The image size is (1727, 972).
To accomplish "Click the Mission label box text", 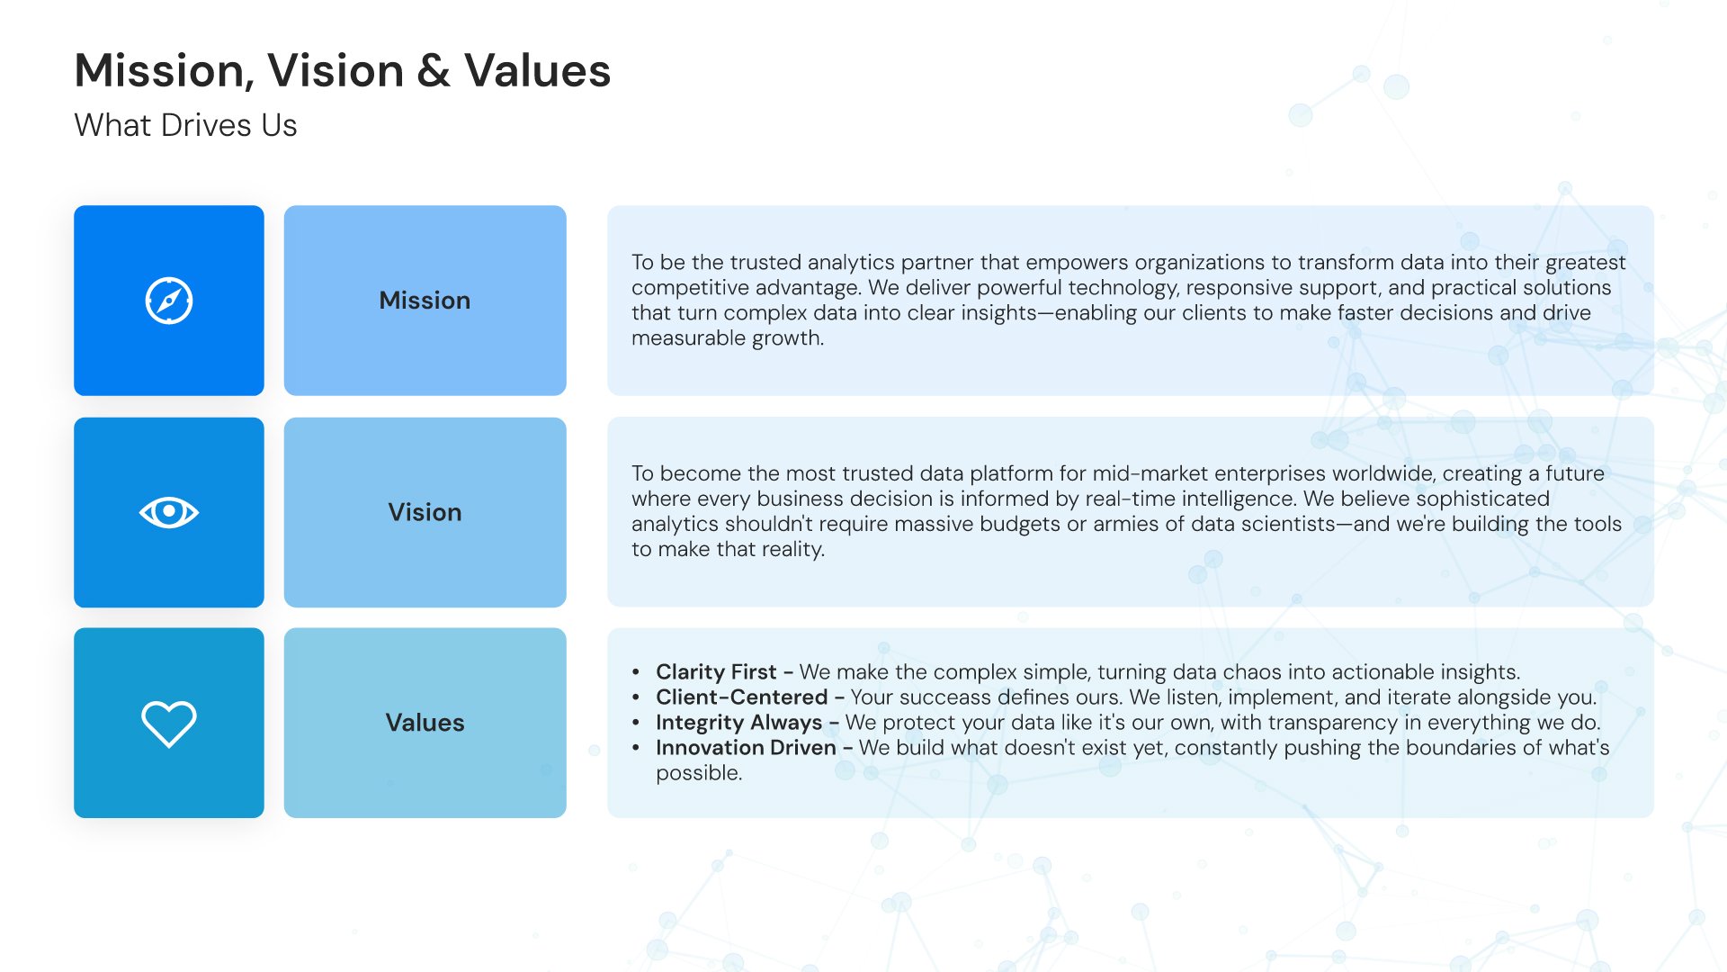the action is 425,301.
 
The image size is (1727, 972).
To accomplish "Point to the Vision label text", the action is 425,512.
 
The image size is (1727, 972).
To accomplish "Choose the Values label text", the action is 425,723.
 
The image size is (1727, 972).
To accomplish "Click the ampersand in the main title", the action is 434,71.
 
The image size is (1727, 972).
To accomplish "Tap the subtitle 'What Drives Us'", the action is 185,125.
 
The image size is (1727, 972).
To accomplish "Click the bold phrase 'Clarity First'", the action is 716,672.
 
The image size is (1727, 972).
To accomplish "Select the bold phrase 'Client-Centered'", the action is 741,697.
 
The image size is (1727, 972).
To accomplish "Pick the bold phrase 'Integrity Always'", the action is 738,723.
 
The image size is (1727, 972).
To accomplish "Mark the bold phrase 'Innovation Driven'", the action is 746,748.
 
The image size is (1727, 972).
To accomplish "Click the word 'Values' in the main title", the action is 538,71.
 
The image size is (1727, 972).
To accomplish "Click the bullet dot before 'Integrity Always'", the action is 636,723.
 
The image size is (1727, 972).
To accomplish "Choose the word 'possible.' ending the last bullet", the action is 699,773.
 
